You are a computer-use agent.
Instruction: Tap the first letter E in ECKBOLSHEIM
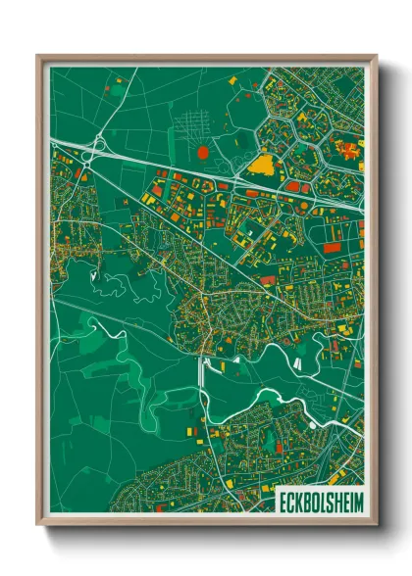pyautogui.click(x=282, y=498)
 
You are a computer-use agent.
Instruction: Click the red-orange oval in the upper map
pyautogui.click(x=203, y=152)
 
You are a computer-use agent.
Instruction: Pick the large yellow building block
pyautogui.click(x=261, y=164)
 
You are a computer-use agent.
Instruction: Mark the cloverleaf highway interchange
pyautogui.click(x=96, y=148)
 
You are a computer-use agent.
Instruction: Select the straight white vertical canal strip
pyautogui.click(x=203, y=372)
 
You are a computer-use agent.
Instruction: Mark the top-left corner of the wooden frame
pyautogui.click(x=38, y=56)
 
